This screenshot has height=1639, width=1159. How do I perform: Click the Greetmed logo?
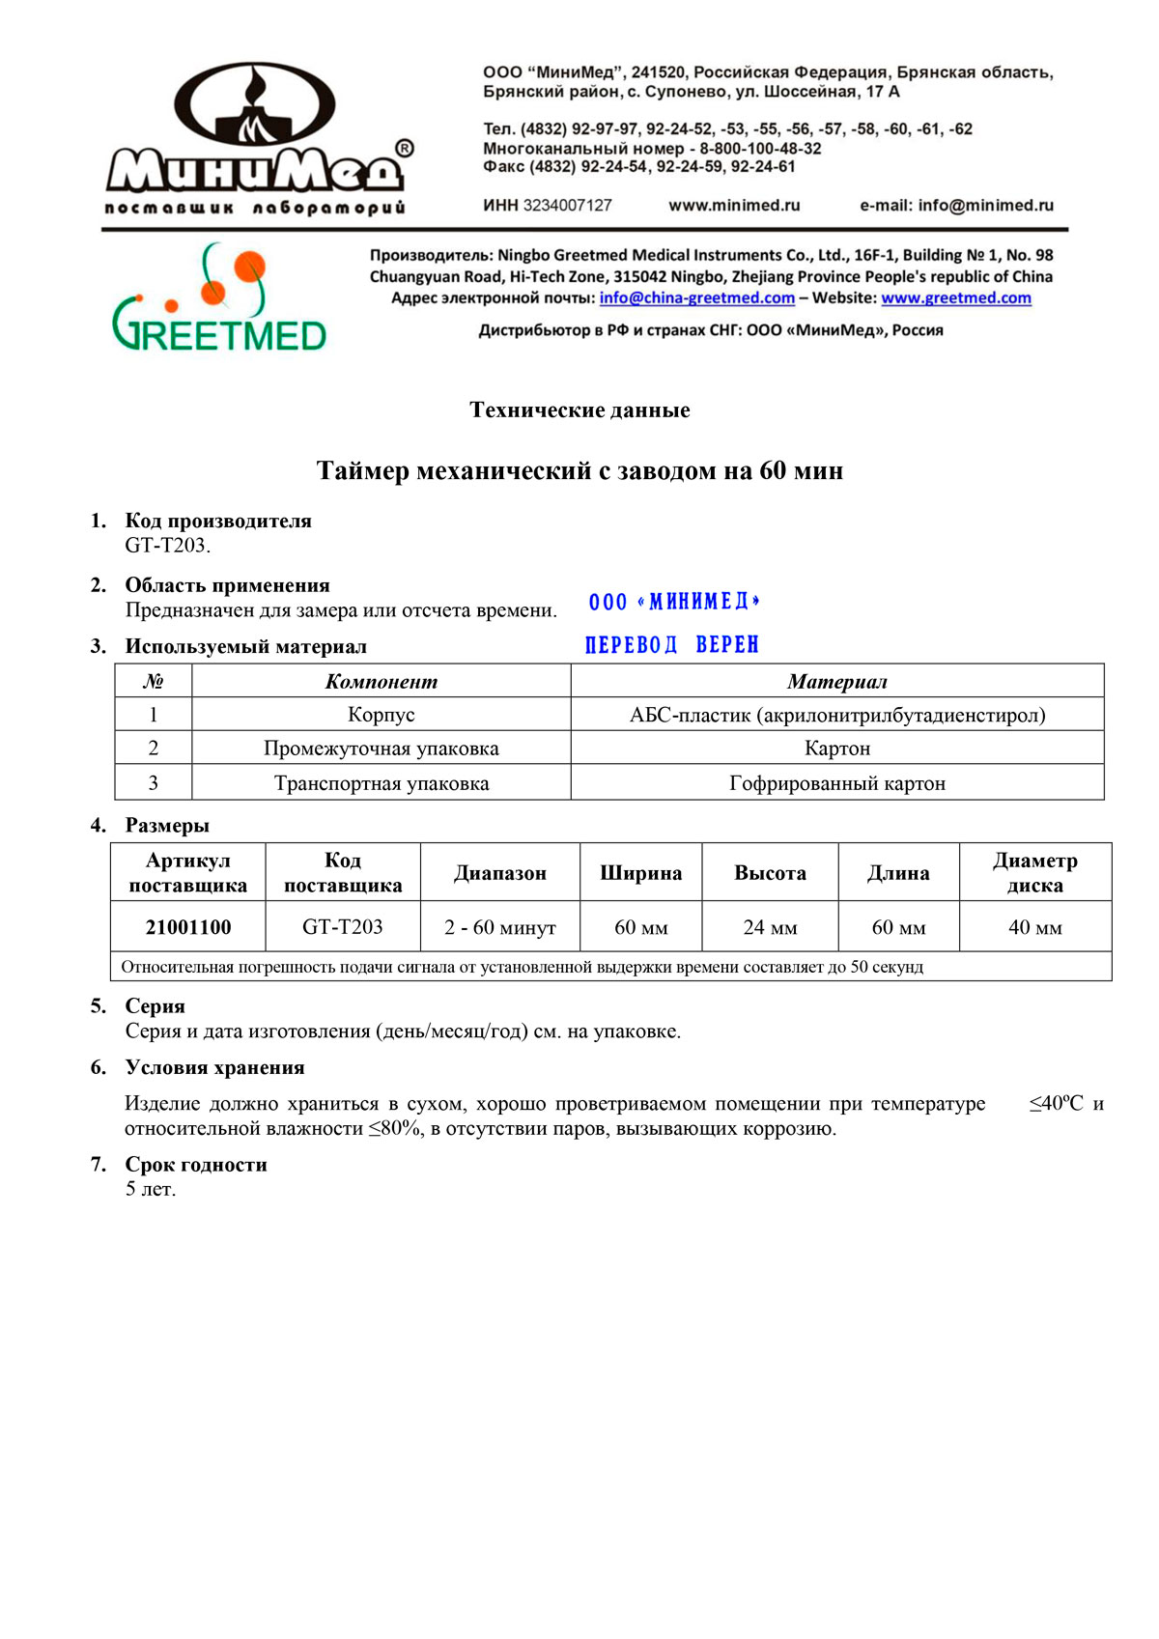click(x=220, y=297)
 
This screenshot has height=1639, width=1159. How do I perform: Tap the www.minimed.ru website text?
click(x=734, y=205)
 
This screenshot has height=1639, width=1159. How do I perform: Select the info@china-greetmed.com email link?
click(x=696, y=298)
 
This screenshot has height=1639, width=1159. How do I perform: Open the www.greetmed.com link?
click(x=955, y=298)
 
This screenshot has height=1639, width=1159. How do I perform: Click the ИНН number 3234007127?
click(x=567, y=205)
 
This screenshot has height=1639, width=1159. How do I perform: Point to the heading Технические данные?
click(x=579, y=410)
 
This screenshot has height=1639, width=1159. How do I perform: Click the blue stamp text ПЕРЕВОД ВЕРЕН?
click(x=672, y=645)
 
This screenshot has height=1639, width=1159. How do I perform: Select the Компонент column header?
click(x=381, y=682)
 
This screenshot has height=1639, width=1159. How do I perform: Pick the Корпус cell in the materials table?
click(x=381, y=715)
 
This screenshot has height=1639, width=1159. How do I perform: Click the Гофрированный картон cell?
click(x=836, y=783)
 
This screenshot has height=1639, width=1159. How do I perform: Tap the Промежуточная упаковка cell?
click(x=381, y=749)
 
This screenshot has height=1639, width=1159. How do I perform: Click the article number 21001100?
click(x=188, y=927)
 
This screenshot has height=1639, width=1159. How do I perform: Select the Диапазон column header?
click(x=500, y=873)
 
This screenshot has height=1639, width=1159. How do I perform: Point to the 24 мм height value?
click(x=770, y=927)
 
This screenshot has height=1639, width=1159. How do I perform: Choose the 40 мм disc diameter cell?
click(x=1034, y=927)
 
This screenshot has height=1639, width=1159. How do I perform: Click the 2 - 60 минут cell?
click(x=500, y=927)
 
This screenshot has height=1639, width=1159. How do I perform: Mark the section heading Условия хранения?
click(x=214, y=1067)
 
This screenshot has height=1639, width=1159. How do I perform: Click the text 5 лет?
click(x=151, y=1189)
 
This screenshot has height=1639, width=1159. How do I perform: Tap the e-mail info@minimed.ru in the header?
click(x=985, y=205)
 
